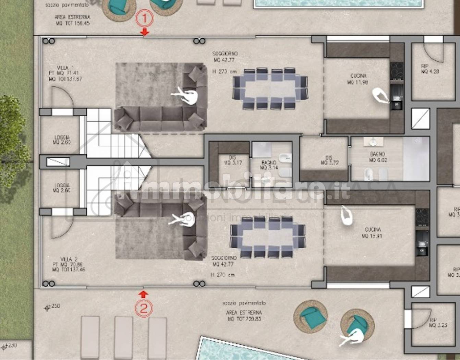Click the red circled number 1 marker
(144, 18)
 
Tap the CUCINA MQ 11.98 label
(358, 79)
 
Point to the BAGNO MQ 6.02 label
(377, 157)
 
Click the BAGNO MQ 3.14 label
(269, 165)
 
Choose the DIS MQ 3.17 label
(233, 160)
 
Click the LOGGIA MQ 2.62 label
(62, 140)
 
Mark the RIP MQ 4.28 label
(430, 69)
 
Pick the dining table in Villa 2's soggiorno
(268, 237)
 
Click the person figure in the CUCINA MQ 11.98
(381, 95)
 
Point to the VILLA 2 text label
(69, 264)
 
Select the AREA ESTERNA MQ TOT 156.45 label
(72, 20)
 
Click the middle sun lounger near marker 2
(123, 338)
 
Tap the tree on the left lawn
(12, 141)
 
